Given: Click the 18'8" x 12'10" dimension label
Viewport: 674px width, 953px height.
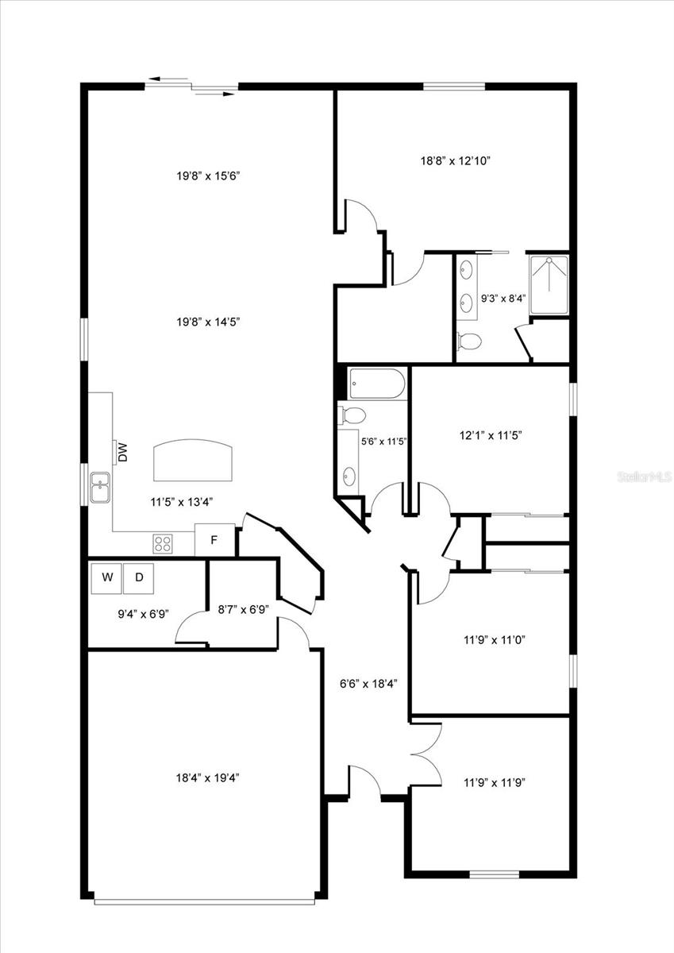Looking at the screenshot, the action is (456, 161).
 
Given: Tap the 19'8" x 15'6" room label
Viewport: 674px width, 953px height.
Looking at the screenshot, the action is (208, 176).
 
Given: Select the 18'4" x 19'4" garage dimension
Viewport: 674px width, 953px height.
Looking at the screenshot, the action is (207, 777).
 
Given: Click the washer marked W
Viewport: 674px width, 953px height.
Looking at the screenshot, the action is (106, 578).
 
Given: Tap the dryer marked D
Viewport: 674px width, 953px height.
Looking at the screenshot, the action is (139, 578).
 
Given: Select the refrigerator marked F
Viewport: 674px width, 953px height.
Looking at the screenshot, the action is (215, 540).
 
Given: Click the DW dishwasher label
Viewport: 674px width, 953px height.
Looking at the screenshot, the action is (123, 452).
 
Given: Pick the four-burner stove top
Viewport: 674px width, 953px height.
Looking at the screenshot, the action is (163, 543).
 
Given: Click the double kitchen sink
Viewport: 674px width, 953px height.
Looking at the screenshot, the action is (100, 488).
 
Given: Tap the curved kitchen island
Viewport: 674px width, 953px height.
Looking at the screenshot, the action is (193, 460).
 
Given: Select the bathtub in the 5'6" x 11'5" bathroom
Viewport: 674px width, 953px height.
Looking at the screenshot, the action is (377, 384).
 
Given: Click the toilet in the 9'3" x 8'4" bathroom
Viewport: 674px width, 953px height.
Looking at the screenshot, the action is (469, 341).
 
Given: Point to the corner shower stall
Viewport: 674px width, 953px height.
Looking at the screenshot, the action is (549, 285).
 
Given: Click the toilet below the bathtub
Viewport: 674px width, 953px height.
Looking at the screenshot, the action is (352, 415).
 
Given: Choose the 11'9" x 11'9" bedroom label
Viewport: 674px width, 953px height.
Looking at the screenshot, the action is (495, 782).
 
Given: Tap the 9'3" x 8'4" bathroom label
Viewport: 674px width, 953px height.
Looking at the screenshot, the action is (503, 299).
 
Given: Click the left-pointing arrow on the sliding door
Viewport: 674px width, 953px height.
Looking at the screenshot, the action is (168, 79).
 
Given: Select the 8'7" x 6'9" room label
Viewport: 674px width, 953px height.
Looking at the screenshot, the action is (243, 610).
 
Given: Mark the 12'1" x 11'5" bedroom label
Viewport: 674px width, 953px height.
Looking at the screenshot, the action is (491, 435).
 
